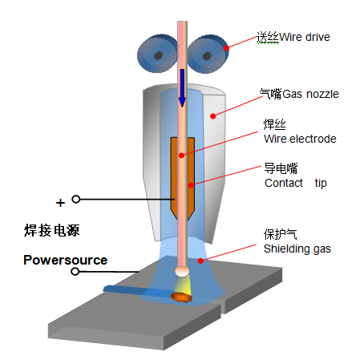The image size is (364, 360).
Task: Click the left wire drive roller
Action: (x=157, y=54)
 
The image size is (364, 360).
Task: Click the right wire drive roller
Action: (x=208, y=54)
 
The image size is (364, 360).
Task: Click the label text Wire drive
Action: (x=305, y=37)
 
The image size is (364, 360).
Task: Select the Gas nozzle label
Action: (x=310, y=94)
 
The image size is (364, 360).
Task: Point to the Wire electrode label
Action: (x=300, y=139)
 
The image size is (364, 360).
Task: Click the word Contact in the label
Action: (x=284, y=183)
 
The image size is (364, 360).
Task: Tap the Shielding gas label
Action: (x=297, y=249)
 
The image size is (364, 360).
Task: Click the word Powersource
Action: (x=66, y=260)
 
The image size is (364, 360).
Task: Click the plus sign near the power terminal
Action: (x=60, y=203)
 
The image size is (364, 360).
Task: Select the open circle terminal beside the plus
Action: (x=76, y=199)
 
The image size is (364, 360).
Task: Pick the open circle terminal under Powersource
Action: (x=75, y=272)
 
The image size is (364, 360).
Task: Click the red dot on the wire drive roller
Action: (x=226, y=48)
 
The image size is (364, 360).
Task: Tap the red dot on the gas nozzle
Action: (x=213, y=116)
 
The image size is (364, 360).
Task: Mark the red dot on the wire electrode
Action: (x=181, y=156)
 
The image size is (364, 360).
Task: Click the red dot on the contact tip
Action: (x=191, y=185)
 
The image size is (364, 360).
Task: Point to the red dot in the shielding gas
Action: (x=200, y=261)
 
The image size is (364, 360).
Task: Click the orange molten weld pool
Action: (x=181, y=297)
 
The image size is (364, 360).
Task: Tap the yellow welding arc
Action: (x=182, y=285)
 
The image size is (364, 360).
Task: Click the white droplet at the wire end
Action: (x=182, y=272)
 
